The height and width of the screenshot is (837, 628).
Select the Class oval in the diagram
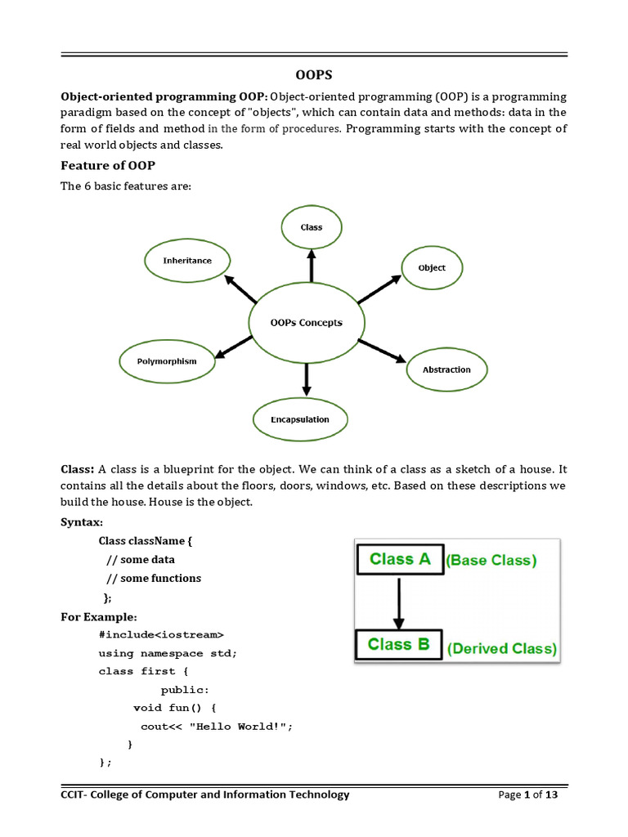312,227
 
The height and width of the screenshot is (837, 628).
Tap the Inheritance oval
187,261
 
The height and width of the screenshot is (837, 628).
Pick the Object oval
432,267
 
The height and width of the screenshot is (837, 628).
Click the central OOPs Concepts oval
307,323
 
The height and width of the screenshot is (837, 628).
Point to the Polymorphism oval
167,360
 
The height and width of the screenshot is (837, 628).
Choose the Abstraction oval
446,369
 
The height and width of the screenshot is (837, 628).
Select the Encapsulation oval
300,419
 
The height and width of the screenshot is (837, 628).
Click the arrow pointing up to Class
312,266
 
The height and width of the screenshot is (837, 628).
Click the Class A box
400,560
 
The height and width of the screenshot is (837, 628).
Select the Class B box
399,644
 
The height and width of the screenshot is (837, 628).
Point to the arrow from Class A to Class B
398,602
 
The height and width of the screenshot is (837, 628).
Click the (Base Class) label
491,561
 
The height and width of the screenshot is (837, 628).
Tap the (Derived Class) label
502,649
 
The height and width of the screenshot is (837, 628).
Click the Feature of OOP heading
108,166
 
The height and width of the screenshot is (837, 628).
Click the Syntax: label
82,522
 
